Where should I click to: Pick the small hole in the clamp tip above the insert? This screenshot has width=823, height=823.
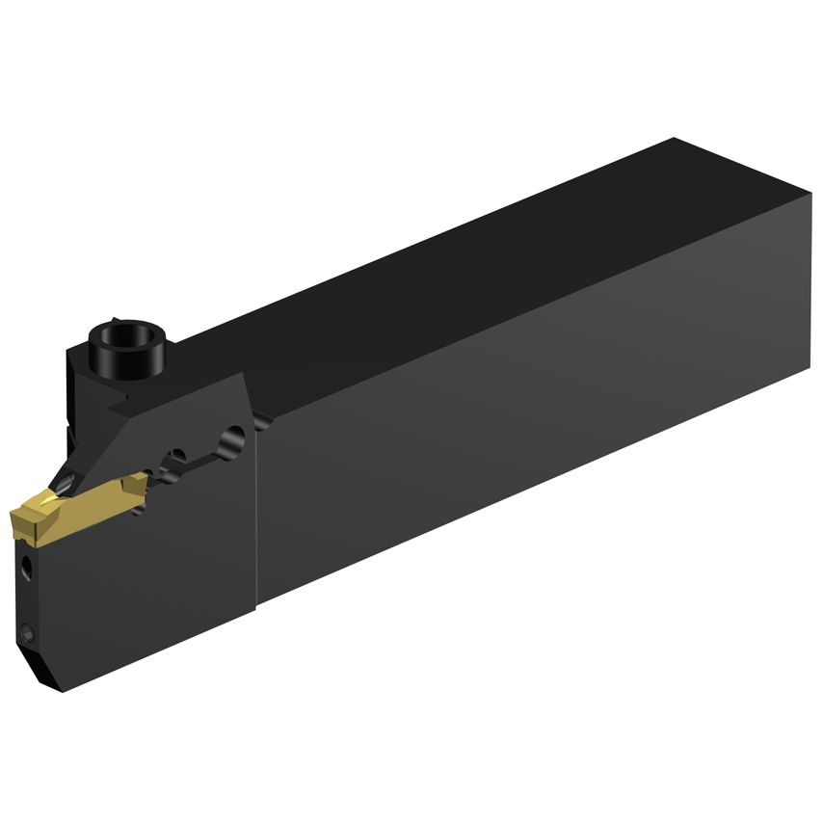tap(67, 481)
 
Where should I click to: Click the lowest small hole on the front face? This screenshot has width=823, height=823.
tap(28, 634)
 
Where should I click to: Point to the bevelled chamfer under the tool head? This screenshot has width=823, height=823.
tap(39, 670)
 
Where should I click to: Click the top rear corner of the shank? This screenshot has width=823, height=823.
tap(675, 141)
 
